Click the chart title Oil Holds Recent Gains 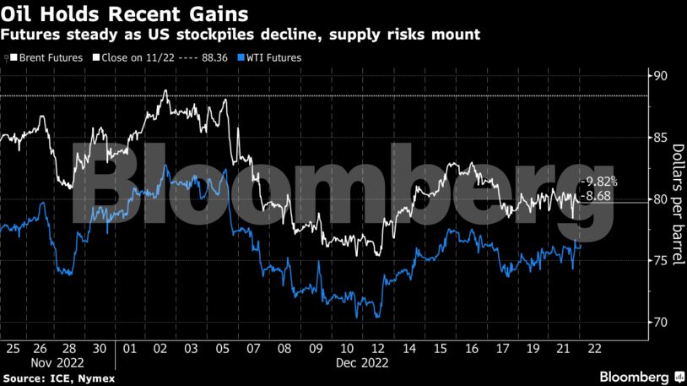124,14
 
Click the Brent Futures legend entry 48,57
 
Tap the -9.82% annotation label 600,182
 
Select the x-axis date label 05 224,347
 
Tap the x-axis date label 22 595,347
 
